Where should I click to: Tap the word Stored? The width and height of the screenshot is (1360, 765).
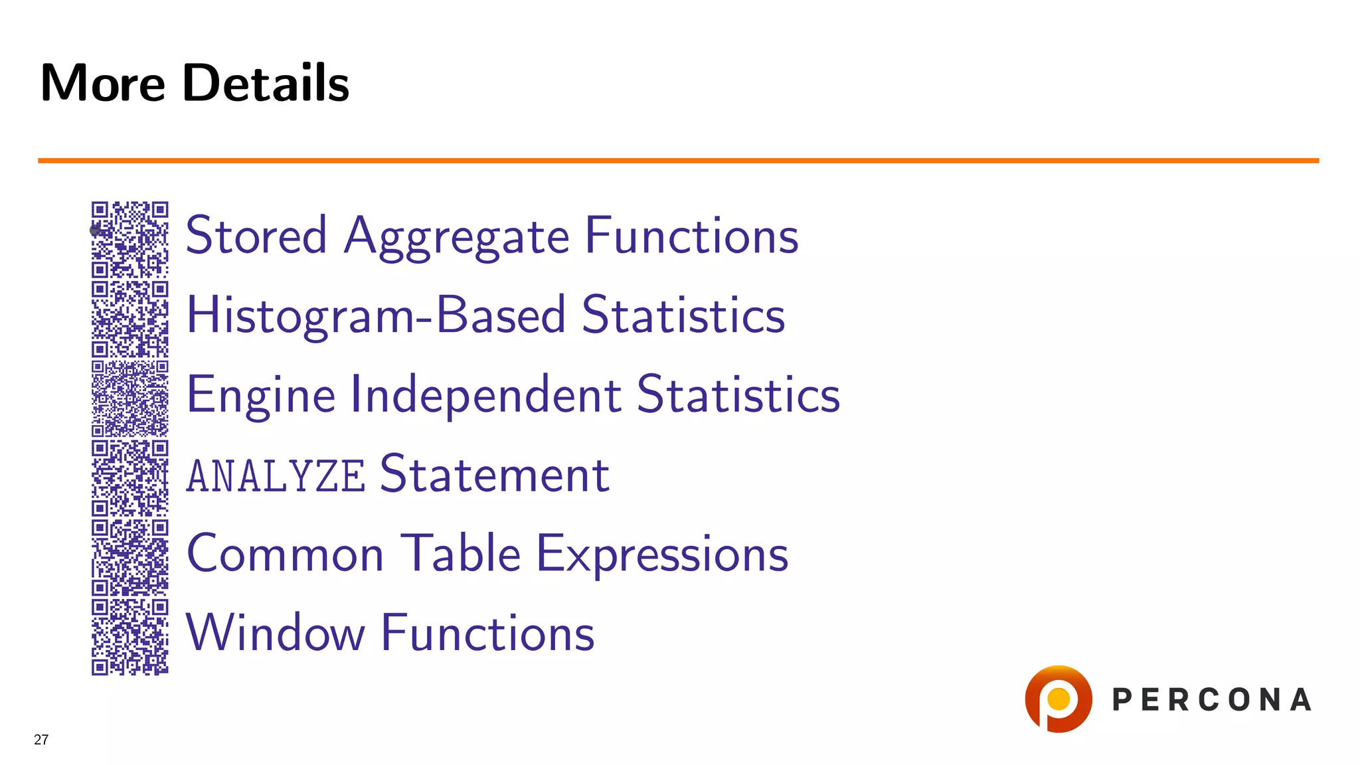click(256, 236)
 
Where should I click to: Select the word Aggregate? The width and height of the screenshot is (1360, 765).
click(457, 237)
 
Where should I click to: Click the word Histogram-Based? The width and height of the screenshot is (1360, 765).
click(376, 315)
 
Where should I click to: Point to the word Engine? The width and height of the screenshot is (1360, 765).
click(261, 394)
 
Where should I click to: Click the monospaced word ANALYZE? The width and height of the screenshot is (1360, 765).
click(276, 475)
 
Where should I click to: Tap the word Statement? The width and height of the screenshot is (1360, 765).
click(495, 474)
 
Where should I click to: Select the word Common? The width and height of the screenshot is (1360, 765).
click(286, 554)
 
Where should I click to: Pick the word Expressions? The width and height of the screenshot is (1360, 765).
click(662, 554)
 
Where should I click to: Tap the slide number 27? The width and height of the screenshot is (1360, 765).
click(41, 740)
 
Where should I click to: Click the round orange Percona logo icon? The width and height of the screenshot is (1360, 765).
click(1059, 699)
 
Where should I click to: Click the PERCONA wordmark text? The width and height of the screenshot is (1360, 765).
click(1212, 700)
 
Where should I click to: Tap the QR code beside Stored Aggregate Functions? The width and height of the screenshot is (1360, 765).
click(130, 239)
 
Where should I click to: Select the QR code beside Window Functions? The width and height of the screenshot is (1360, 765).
click(130, 637)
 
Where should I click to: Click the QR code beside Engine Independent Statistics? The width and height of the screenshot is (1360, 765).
click(130, 398)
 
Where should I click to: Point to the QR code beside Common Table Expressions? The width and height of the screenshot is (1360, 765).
click(130, 557)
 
